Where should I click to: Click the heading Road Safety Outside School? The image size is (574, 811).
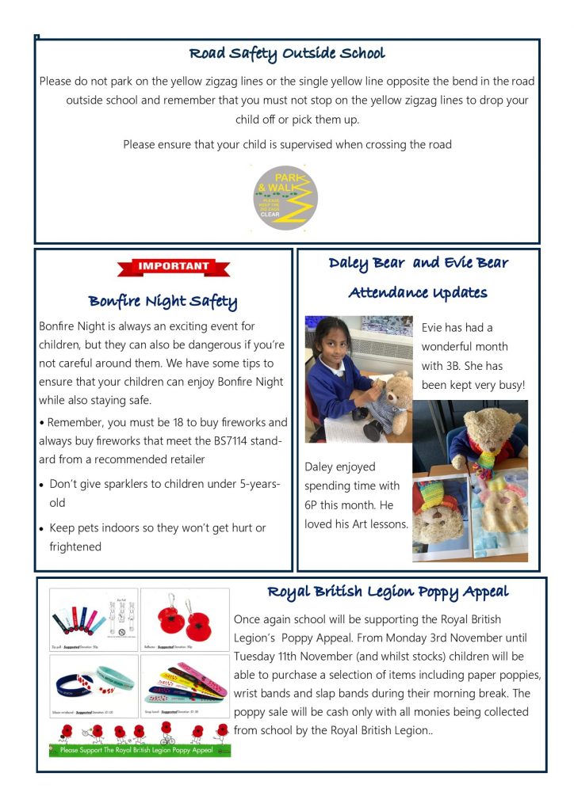[x=287, y=54]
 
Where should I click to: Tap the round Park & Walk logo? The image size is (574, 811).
[x=285, y=197]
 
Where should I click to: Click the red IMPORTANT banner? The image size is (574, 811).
[x=174, y=267]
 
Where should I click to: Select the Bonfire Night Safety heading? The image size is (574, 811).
[x=163, y=301]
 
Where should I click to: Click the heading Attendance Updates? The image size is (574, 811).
[x=418, y=293]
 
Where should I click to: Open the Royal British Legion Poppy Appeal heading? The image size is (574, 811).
[x=388, y=592]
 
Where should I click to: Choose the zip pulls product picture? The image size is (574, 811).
[x=94, y=619]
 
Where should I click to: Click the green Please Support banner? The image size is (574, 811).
[x=140, y=749]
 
